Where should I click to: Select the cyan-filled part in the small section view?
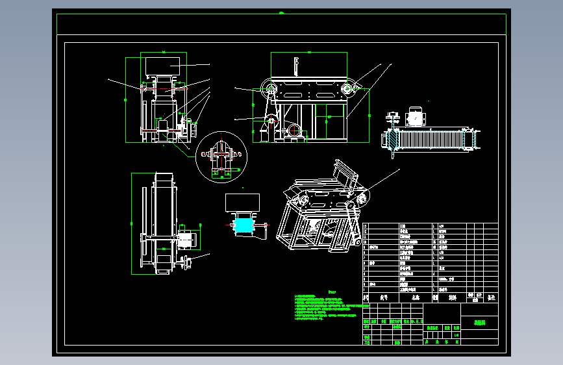point(243,225)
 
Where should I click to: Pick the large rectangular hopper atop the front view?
point(162,65)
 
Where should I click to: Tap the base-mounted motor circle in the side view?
point(295,131)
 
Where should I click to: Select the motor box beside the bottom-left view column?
point(187,239)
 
